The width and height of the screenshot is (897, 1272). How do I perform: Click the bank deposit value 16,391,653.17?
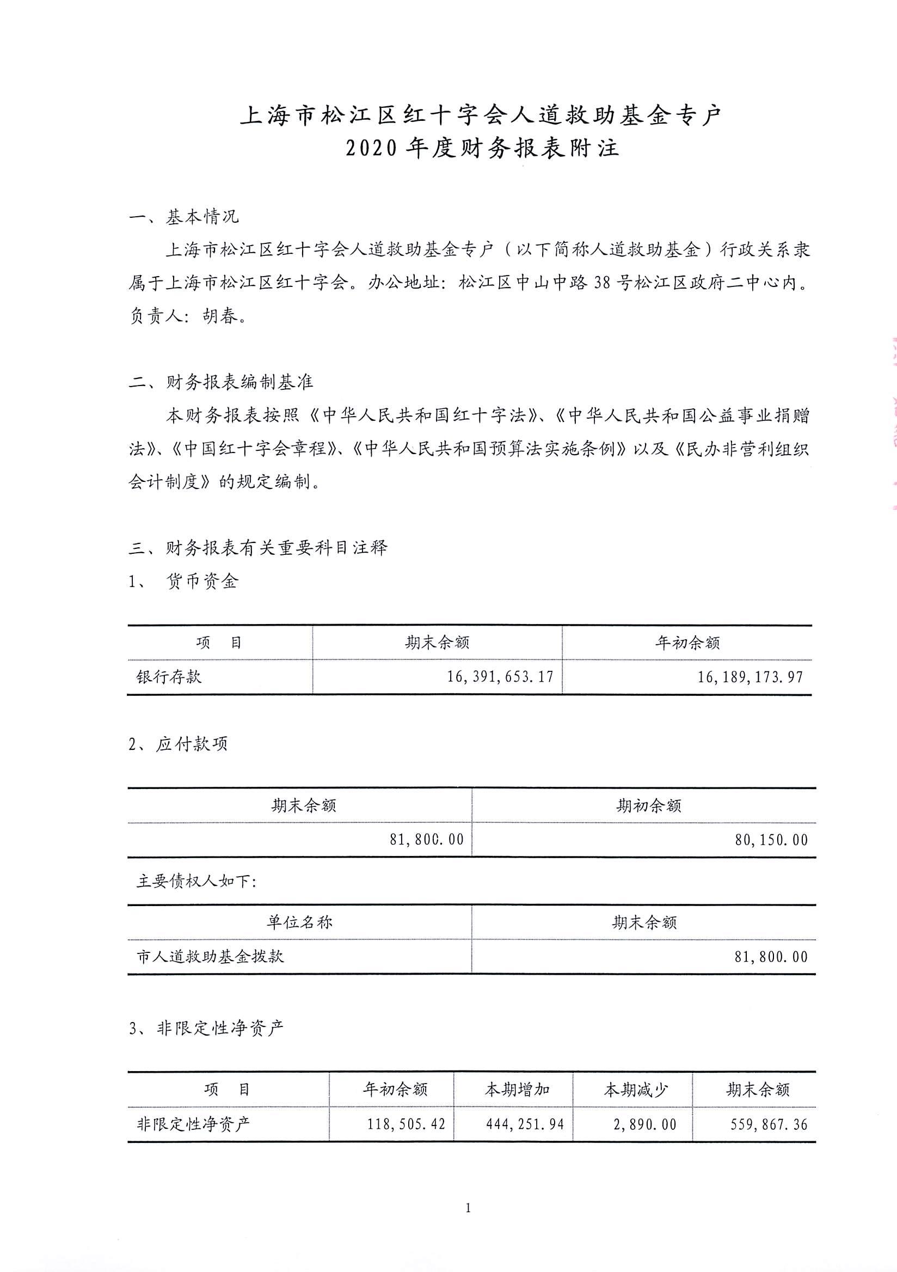[500, 676]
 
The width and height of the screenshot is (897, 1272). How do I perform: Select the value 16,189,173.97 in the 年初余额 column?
[750, 676]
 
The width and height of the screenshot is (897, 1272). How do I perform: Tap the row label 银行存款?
[169, 676]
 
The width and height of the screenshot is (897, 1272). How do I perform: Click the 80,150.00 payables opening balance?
[771, 840]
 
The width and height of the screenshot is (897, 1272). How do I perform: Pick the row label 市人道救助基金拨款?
[210, 957]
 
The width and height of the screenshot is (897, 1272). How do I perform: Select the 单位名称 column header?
[299, 922]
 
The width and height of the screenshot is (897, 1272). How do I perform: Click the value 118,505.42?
[407, 1124]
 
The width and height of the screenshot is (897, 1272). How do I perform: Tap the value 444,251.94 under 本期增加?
[525, 1124]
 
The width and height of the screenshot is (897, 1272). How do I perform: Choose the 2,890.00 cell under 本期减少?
[644, 1124]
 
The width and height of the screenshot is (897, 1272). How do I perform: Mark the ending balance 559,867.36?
[769, 1124]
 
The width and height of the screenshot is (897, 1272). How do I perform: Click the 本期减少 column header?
[636, 1090]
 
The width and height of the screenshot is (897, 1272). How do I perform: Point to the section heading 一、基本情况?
[184, 217]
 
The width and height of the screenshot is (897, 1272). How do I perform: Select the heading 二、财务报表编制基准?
[221, 382]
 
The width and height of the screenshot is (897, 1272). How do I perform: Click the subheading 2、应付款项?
[178, 744]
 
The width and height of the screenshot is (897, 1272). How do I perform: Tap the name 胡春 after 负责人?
[220, 316]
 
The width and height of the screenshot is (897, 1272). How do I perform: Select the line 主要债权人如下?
[196, 882]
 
